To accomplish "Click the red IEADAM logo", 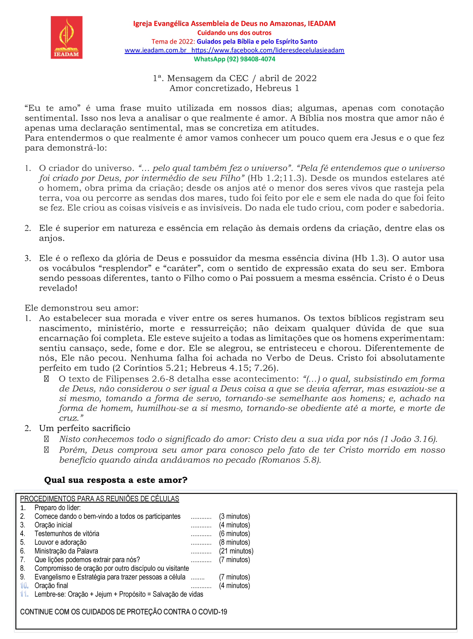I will click(x=67, y=37).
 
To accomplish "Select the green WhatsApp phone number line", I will click(x=234, y=59).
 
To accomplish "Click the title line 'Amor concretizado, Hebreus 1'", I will click(x=234, y=88).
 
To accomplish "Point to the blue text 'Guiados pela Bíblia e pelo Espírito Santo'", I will click(x=257, y=41).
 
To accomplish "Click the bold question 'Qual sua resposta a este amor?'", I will click(x=116, y=480).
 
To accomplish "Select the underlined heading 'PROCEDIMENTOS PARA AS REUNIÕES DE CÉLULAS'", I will click(x=100, y=499).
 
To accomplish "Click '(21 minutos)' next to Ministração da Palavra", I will click(x=236, y=551).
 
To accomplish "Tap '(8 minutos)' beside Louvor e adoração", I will click(x=234, y=542).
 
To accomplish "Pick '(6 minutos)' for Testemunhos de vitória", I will click(x=234, y=533).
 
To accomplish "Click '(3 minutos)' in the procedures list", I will click(x=234, y=516).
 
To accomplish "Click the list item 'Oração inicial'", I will click(x=53, y=525).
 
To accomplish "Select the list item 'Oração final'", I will click(x=51, y=585).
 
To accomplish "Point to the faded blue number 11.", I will click(x=24, y=594).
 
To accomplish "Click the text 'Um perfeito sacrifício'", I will click(x=85, y=428).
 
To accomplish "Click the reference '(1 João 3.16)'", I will click(x=409, y=439).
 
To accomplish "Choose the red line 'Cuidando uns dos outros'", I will click(x=234, y=33).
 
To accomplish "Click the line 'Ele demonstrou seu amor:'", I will click(x=82, y=308).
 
